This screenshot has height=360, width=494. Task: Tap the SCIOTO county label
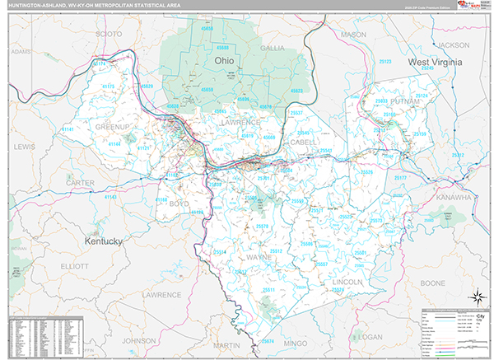[x=109, y=34]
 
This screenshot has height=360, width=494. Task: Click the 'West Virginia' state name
[x=436, y=63]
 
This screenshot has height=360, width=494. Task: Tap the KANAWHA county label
[x=454, y=198]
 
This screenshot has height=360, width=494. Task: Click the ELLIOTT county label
[x=74, y=266]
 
